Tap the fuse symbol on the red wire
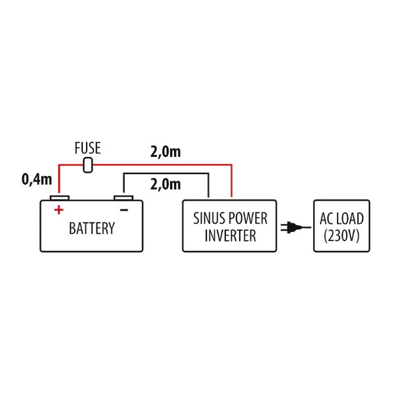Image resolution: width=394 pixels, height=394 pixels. (89, 166)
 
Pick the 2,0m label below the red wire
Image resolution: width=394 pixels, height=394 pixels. (165, 185)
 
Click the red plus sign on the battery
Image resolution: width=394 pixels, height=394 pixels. (58, 209)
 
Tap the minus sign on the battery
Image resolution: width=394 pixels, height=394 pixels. (123, 209)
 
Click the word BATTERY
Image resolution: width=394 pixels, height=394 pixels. (92, 229)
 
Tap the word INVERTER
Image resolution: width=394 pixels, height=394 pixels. (229, 236)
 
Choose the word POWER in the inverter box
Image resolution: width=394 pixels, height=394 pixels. (248, 219)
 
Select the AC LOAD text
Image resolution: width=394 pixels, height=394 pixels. (341, 219)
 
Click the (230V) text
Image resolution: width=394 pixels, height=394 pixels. (341, 236)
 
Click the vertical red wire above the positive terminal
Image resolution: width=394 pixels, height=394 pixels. (60, 181)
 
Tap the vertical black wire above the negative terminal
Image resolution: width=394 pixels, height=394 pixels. (123, 184)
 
